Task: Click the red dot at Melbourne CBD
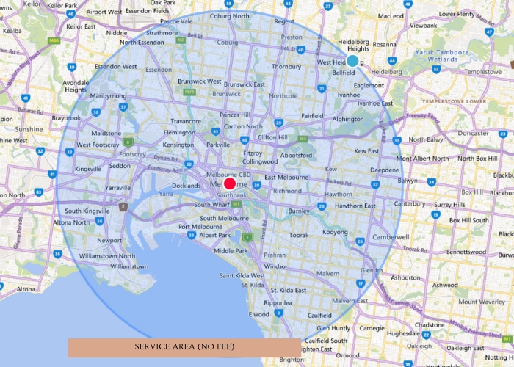point(230,184)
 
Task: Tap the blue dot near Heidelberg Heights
point(353,61)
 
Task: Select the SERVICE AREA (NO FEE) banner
point(184,347)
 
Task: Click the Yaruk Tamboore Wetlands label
point(441,57)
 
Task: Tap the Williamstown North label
point(107,256)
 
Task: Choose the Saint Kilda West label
point(242,275)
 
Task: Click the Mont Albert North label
point(425,159)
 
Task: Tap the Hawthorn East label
point(354,206)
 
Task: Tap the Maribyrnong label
point(108,96)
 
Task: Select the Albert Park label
point(215,236)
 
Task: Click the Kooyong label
point(335,232)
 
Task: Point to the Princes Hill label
point(240,115)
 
